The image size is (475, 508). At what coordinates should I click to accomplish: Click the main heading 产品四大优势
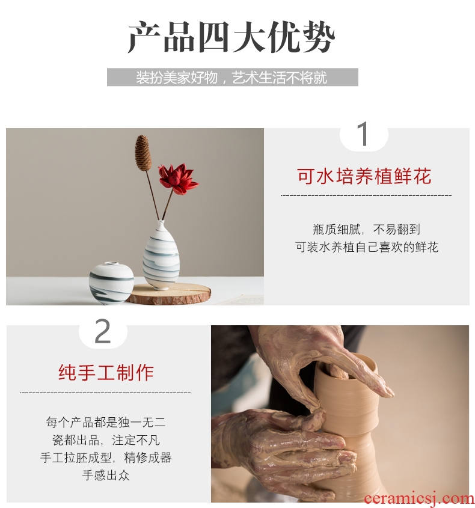coord(231,37)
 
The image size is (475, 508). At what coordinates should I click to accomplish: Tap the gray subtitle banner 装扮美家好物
coord(232,77)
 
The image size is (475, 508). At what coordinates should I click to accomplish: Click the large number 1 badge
coord(364,134)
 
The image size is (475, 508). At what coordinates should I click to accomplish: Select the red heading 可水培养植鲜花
coord(364,177)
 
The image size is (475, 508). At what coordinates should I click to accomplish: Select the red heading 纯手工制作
coord(106,373)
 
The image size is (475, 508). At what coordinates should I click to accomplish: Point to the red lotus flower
coord(177,179)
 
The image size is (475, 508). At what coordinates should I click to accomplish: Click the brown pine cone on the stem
coord(143,152)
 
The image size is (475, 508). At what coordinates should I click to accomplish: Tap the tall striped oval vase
coord(161,256)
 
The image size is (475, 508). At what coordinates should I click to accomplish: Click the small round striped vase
coord(111,283)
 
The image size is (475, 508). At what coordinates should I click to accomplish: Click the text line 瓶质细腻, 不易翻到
coord(366,230)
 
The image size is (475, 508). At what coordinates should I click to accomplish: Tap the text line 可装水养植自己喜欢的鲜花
coord(366,247)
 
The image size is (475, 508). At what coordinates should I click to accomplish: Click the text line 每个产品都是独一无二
coord(106,422)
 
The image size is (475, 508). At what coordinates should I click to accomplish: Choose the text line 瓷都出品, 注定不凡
coord(106,440)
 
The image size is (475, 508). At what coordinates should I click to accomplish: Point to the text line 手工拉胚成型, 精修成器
coord(106,458)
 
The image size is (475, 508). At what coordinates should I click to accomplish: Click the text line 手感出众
coord(106,476)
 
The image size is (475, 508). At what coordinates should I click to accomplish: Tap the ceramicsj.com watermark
coord(418,499)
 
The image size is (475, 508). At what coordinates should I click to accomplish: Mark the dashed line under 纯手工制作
coord(105,393)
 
